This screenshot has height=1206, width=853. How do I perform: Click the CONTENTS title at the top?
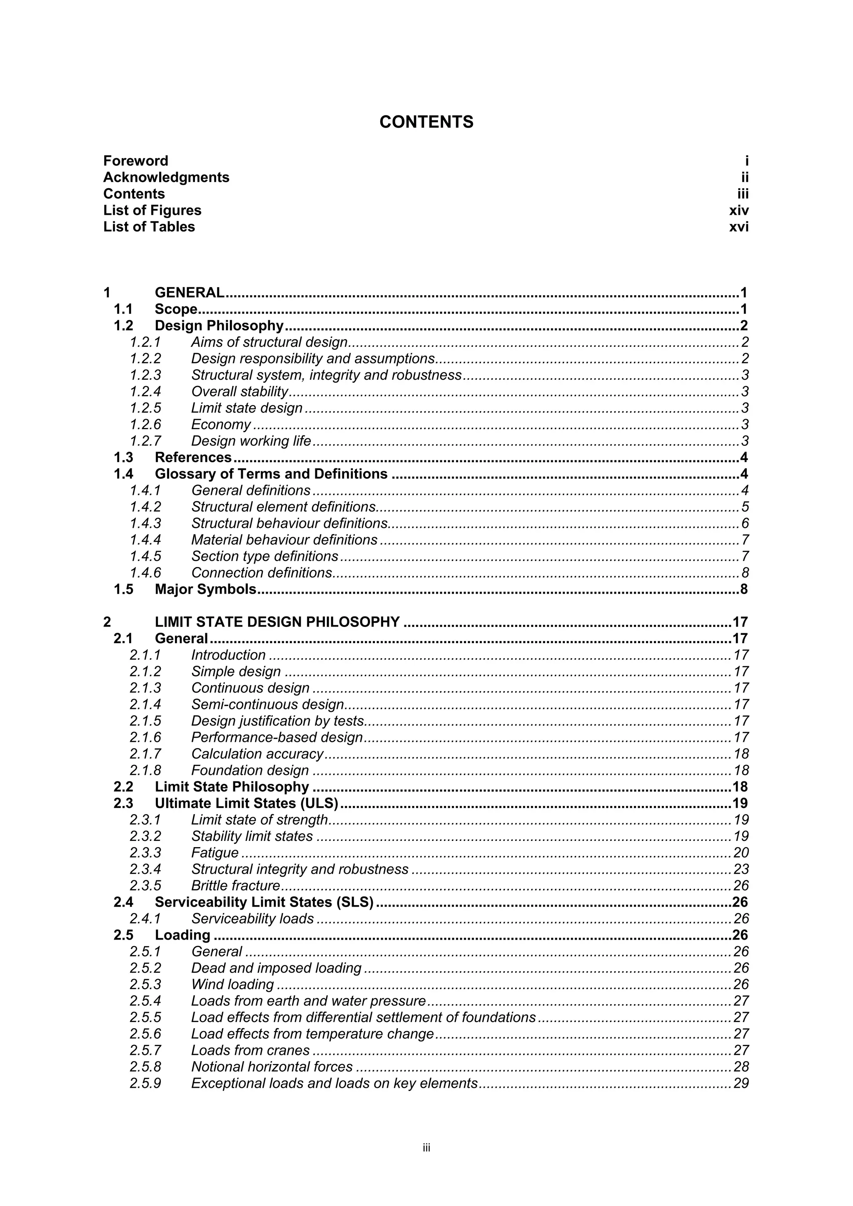(426, 122)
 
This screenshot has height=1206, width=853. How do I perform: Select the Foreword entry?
(136, 161)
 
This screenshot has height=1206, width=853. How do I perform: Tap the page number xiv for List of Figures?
(738, 210)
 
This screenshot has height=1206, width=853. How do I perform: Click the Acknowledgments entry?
(166, 177)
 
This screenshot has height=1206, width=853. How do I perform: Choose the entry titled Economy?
(221, 425)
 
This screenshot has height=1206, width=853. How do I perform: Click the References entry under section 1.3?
(193, 458)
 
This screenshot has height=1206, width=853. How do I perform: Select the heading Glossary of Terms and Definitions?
(271, 474)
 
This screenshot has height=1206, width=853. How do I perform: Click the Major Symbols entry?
(205, 589)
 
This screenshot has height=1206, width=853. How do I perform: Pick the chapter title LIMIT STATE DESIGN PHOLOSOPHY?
(277, 622)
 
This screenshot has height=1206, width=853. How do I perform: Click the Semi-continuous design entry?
(267, 704)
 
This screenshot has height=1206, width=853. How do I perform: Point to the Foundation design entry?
(249, 770)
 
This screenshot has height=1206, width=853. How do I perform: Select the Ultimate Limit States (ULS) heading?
(247, 803)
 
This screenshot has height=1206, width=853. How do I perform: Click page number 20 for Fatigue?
(741, 853)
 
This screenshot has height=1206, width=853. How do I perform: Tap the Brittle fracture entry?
(235, 885)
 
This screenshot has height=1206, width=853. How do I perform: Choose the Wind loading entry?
(232, 985)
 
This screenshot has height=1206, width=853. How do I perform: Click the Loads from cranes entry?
(250, 1050)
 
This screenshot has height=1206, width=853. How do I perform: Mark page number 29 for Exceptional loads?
(741, 1083)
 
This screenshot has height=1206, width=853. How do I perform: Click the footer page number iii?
(426, 1148)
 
